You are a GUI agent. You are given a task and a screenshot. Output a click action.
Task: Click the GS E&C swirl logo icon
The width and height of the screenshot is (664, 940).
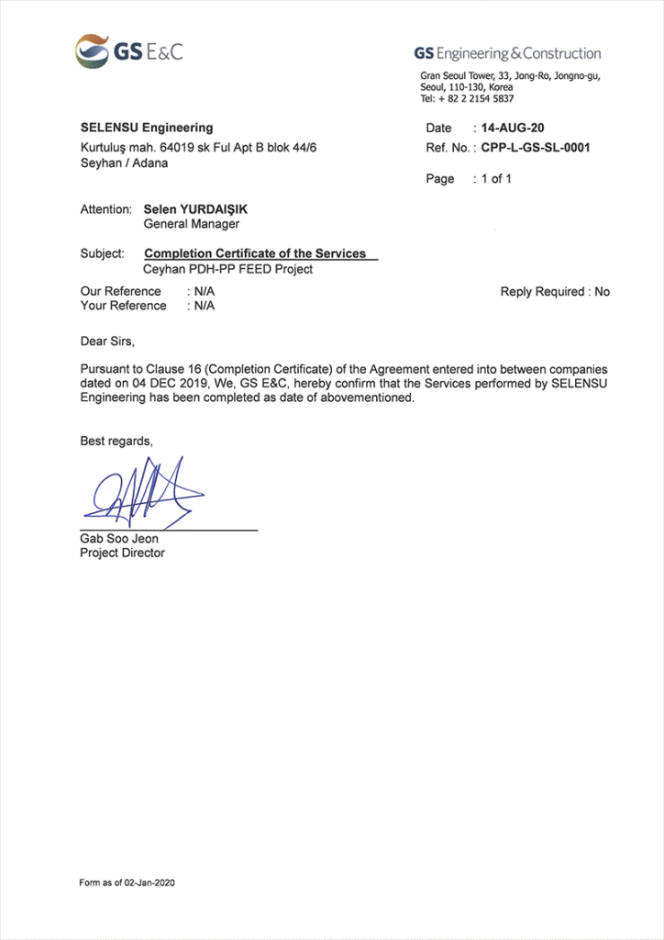(x=93, y=50)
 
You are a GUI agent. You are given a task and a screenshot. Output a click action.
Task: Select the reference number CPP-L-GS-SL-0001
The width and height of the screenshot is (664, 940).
(x=536, y=147)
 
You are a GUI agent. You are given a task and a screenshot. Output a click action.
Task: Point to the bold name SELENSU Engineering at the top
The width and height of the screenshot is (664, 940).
(x=147, y=128)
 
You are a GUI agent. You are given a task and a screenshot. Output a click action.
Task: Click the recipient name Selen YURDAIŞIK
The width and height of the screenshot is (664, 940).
(x=195, y=209)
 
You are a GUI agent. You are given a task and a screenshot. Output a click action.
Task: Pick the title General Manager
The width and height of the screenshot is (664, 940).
(x=192, y=224)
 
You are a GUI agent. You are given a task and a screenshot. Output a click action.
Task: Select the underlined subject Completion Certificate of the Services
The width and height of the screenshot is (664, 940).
(x=256, y=253)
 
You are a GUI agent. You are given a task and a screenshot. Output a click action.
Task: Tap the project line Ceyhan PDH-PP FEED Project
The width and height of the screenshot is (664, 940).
(x=228, y=269)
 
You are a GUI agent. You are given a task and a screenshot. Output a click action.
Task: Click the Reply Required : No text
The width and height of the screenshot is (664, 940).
(x=555, y=292)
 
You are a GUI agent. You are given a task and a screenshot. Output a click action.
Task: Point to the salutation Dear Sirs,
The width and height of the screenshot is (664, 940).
(x=107, y=341)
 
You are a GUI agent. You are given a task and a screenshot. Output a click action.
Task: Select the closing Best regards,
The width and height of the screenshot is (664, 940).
(x=116, y=442)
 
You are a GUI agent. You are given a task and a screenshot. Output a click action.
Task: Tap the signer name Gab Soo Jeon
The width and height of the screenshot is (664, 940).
(x=119, y=539)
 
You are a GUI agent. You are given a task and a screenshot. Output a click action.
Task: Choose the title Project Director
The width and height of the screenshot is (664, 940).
(x=123, y=554)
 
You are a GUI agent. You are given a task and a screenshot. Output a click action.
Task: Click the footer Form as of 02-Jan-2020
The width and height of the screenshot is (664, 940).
(x=127, y=883)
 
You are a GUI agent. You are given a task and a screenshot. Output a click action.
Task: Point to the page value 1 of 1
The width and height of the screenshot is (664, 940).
(x=496, y=179)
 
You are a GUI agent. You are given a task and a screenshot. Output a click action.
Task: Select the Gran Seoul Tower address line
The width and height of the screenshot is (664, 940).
(x=510, y=77)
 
